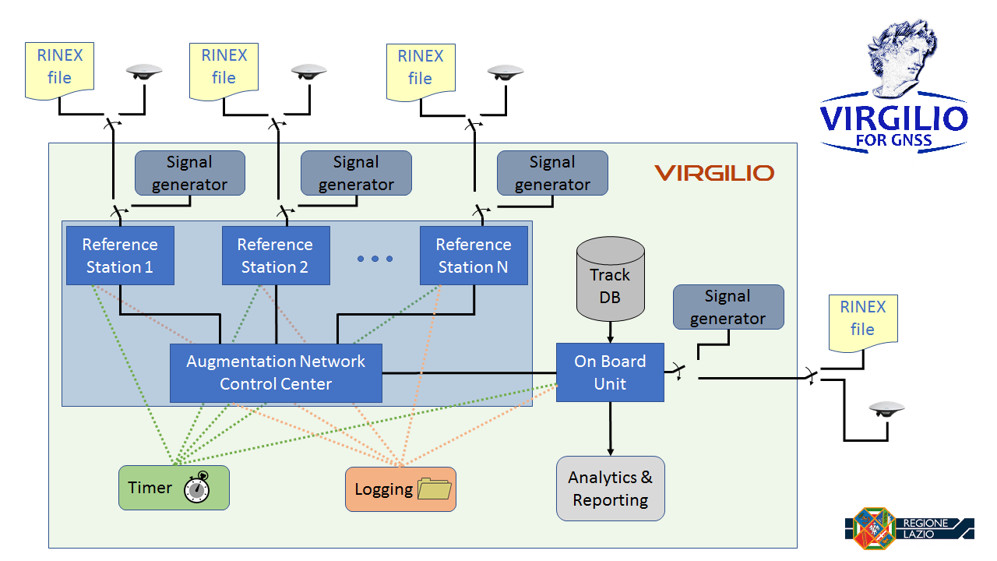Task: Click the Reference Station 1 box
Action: click(x=120, y=255)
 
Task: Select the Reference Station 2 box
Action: click(x=276, y=255)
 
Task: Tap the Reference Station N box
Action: click(x=474, y=255)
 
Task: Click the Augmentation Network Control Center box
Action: click(x=276, y=372)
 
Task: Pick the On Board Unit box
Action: click(x=610, y=372)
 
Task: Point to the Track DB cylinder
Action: click(x=610, y=279)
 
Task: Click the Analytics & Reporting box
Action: click(x=610, y=489)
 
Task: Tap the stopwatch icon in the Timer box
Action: click(x=197, y=487)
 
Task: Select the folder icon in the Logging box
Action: click(x=435, y=489)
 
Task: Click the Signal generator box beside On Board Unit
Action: click(x=728, y=307)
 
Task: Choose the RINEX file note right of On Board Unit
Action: click(x=863, y=323)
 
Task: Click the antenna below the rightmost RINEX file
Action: click(x=886, y=409)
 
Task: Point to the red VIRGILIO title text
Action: click(x=714, y=173)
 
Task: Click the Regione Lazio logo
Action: click(x=909, y=528)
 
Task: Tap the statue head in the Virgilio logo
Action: click(x=901, y=58)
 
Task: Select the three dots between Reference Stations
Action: click(x=375, y=259)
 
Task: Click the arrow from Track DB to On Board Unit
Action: click(x=610, y=332)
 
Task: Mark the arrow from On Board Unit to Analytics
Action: click(x=610, y=429)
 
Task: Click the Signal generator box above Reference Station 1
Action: click(x=190, y=173)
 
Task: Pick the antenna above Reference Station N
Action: click(x=506, y=72)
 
